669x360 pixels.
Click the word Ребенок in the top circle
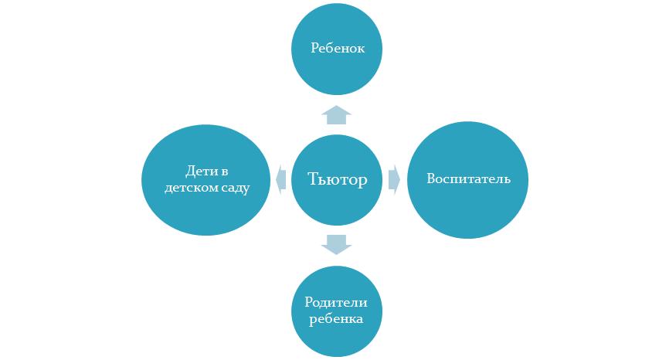[337, 48]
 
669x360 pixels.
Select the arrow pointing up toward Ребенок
[336, 114]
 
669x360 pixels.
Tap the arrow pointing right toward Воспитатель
[394, 178]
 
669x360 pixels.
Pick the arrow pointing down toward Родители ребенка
[336, 244]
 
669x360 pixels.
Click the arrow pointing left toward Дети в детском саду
[278, 178]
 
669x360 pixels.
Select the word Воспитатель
[468, 179]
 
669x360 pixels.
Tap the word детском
[190, 188]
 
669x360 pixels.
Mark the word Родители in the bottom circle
[337, 303]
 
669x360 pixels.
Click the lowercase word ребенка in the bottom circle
[337, 318]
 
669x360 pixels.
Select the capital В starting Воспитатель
[430, 179]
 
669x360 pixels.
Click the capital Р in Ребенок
[314, 48]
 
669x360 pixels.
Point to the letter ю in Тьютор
[331, 180]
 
